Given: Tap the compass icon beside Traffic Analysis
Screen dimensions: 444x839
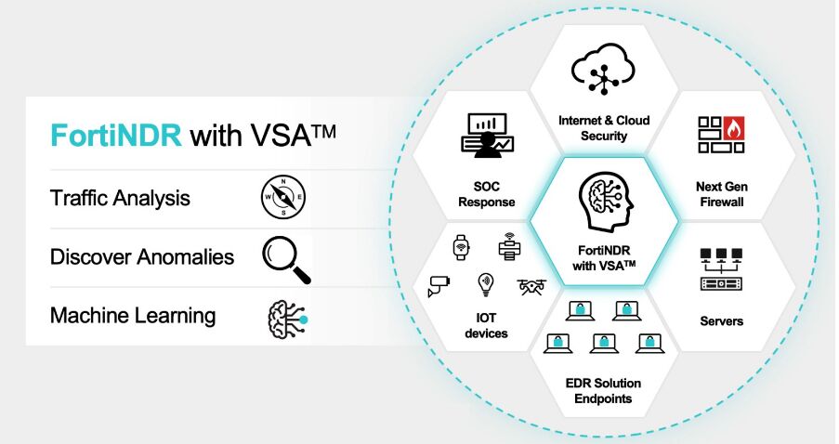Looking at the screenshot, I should [x=283, y=197].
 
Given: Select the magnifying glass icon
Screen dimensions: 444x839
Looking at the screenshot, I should [x=285, y=257].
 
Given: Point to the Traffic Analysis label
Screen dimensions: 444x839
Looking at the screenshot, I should [x=121, y=198].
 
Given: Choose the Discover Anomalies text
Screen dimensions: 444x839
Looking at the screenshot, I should [x=142, y=256].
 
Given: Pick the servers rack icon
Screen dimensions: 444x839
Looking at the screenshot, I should [x=722, y=269].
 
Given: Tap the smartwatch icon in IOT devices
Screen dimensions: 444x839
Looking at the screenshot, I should [x=461, y=246].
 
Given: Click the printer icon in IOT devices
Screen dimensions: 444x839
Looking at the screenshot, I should [x=507, y=245].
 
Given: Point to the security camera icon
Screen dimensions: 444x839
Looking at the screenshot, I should [x=439, y=285].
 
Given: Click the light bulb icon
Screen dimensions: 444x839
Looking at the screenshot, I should [x=485, y=283].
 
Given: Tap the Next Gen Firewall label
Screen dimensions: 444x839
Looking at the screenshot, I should [x=721, y=194].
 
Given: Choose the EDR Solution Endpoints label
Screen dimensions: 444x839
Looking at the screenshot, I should [x=604, y=391].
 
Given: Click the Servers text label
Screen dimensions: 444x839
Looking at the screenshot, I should [x=721, y=321].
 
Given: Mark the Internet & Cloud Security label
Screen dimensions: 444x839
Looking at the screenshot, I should [x=604, y=128].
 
